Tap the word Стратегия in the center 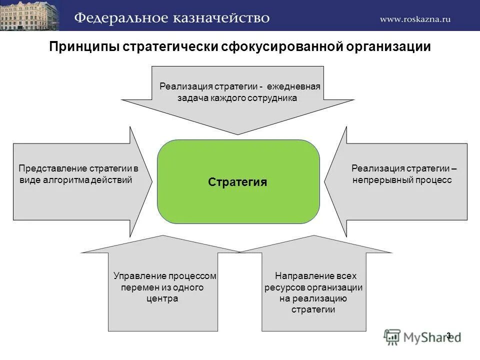237,182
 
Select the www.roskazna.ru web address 415,19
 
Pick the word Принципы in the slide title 84,47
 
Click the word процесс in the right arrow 433,180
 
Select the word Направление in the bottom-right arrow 304,276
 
